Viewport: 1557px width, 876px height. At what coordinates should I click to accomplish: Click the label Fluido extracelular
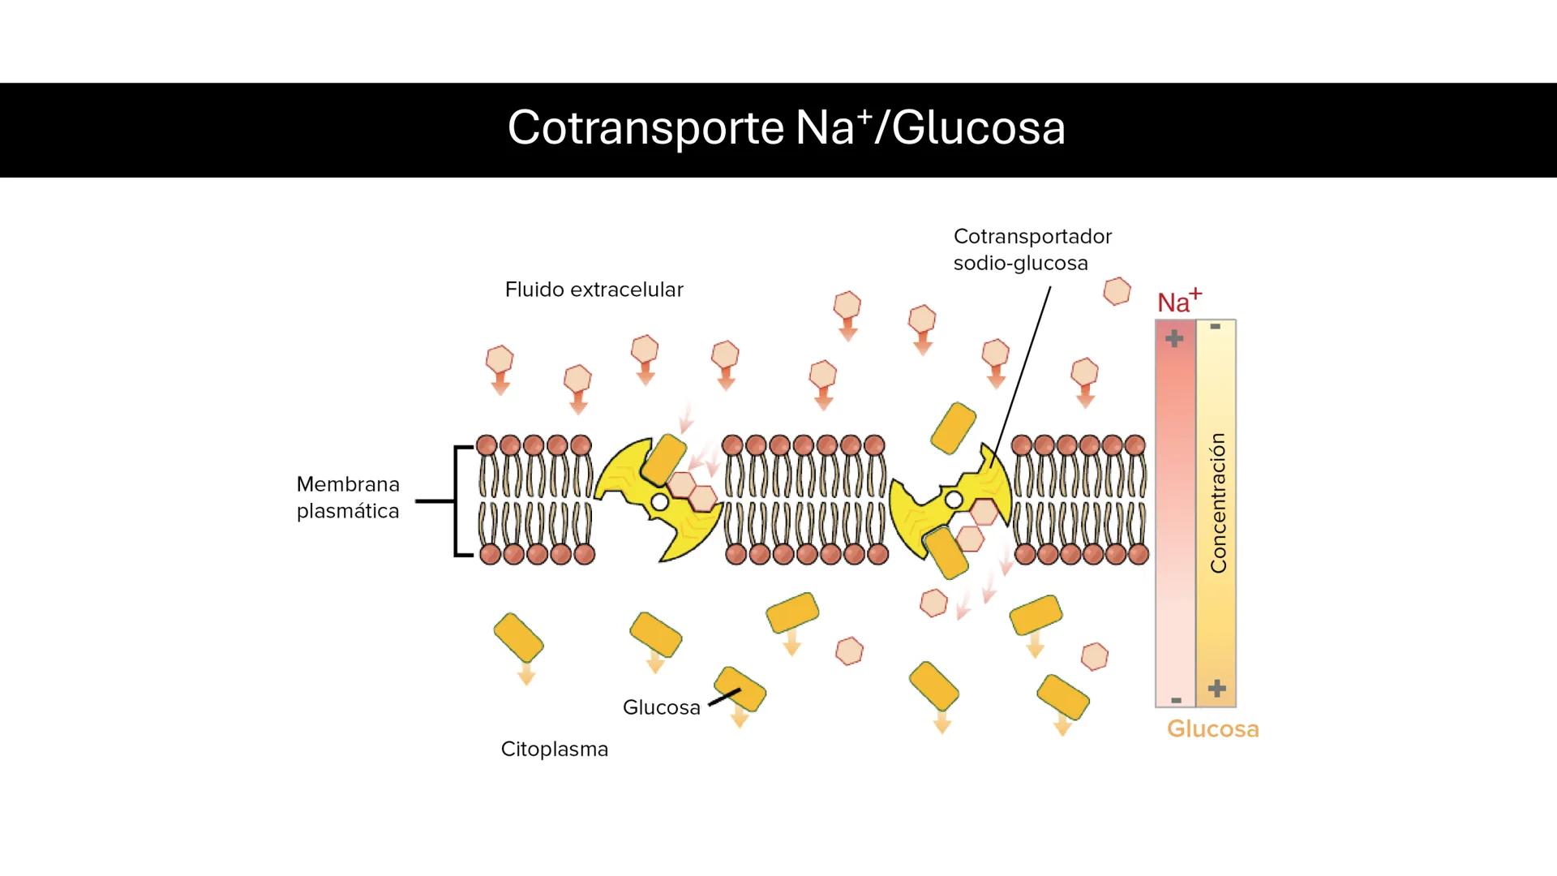tap(594, 290)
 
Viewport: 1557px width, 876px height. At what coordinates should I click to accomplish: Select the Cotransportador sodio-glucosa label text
tap(1032, 250)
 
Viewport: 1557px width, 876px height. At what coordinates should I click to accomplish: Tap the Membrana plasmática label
tap(348, 497)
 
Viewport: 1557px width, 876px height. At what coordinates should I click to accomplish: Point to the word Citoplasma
tap(554, 749)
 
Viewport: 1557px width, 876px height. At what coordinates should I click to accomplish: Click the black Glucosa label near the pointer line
tap(661, 707)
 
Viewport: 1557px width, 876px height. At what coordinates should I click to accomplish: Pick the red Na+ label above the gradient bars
tap(1178, 301)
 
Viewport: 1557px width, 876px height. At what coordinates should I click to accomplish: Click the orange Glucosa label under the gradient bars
tap(1212, 728)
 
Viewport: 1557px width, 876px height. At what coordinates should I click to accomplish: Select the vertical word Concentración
tap(1218, 503)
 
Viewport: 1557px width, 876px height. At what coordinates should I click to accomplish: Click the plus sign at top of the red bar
tap(1174, 338)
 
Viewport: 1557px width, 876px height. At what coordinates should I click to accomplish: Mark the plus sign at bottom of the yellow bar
tap(1216, 689)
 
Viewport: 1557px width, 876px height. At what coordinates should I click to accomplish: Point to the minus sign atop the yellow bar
tap(1215, 327)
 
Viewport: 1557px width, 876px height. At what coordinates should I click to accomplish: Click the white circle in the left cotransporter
tap(660, 502)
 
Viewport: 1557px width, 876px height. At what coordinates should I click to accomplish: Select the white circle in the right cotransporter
tap(954, 500)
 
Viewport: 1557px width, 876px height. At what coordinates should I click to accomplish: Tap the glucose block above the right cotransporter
tap(954, 427)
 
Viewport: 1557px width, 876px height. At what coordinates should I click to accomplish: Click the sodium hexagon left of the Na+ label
tap(1117, 291)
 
